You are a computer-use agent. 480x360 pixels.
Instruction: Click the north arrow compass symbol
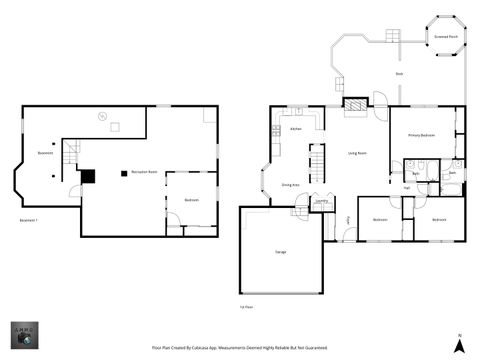tap(458, 344)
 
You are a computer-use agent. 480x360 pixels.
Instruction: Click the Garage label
tap(281, 252)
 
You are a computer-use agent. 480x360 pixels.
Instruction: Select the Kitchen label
tap(296, 129)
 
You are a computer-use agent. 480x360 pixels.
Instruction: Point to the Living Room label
tap(357, 153)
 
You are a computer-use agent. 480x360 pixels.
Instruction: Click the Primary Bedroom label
tap(420, 135)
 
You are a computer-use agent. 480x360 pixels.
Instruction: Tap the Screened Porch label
tap(446, 36)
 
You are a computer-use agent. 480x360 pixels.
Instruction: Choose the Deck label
tap(399, 74)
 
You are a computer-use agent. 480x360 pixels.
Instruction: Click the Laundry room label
tap(322, 201)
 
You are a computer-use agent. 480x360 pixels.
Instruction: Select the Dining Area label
tap(291, 185)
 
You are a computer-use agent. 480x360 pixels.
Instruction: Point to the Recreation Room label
tap(145, 172)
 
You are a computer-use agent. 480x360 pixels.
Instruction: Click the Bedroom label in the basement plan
tap(191, 200)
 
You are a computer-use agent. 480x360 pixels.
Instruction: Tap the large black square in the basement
tap(88, 175)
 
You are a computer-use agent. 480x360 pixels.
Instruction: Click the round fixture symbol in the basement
tap(100, 115)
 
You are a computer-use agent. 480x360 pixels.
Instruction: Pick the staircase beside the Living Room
tap(316, 160)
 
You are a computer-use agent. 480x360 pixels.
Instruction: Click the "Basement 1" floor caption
tap(28, 219)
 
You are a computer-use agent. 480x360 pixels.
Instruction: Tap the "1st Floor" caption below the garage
tap(246, 307)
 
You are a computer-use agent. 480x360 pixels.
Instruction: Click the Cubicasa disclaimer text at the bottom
tap(239, 348)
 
